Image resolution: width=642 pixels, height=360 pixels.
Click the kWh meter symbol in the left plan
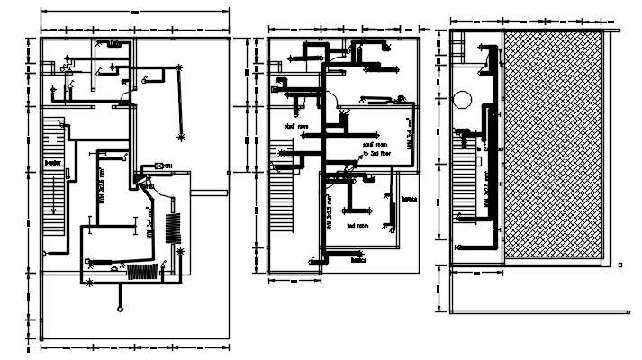click(x=160, y=166)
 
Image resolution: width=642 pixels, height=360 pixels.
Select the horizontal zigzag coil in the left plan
click(x=140, y=271)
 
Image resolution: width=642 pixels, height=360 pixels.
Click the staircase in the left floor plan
click(x=55, y=180)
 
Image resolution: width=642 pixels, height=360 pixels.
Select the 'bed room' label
click(x=358, y=226)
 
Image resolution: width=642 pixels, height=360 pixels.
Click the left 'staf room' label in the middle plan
click(x=297, y=127)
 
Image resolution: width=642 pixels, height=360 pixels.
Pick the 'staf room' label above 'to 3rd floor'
click(x=375, y=143)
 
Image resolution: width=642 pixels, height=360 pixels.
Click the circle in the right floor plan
click(x=464, y=100)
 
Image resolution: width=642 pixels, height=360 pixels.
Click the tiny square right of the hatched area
click(x=620, y=264)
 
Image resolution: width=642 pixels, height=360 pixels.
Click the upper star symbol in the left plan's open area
click(x=179, y=67)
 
